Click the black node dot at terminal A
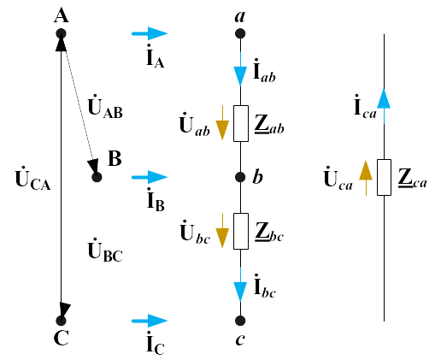click(61, 33)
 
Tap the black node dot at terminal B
click(97, 177)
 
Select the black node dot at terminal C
click(61, 321)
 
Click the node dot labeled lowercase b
click(240, 177)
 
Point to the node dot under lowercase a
click(240, 33)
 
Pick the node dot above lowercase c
click(240, 321)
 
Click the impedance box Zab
click(241, 123)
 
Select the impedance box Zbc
click(241, 231)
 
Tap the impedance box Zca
click(384, 177)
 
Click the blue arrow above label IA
click(150, 33)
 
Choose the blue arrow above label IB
click(150, 177)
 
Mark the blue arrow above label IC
click(150, 321)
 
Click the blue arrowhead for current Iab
click(240, 76)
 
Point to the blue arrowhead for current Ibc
click(240, 292)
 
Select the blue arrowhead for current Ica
click(384, 98)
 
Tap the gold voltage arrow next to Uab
click(222, 123)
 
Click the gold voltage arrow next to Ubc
click(222, 231)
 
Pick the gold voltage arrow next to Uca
click(366, 178)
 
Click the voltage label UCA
click(32, 179)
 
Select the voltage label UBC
click(105, 251)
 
